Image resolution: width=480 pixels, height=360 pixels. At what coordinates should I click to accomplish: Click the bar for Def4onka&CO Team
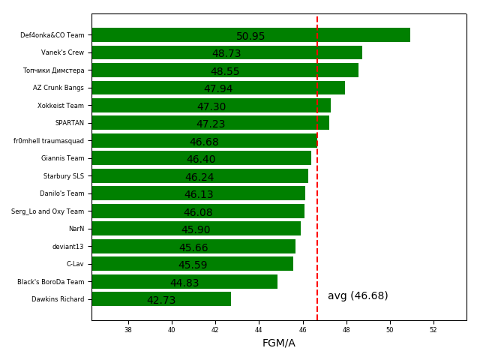click(x=250, y=35)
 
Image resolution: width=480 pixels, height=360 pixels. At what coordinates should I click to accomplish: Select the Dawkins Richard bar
click(x=161, y=299)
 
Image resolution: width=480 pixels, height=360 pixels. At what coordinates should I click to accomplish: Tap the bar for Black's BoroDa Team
click(x=184, y=282)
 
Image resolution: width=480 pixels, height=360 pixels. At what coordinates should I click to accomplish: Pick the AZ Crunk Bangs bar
click(x=218, y=88)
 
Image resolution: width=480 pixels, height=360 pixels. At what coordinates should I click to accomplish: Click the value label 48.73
click(x=226, y=54)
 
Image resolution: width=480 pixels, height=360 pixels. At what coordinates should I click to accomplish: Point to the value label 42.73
click(x=161, y=301)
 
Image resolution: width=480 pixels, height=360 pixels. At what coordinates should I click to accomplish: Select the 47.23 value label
click(x=211, y=124)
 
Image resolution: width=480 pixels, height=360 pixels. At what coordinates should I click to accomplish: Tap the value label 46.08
click(x=198, y=213)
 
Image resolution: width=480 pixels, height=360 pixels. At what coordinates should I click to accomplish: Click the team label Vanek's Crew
click(x=62, y=52)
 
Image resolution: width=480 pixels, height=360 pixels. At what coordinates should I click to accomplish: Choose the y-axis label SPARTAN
click(x=69, y=123)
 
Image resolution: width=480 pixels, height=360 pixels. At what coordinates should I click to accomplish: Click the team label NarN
click(x=76, y=229)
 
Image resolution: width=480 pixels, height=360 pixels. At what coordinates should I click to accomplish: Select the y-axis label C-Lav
click(x=75, y=264)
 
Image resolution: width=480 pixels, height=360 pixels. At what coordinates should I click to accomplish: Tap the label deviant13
click(x=67, y=247)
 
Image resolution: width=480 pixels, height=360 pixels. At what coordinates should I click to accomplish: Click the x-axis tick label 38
click(x=127, y=330)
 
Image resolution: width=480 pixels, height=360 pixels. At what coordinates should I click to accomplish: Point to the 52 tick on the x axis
click(x=433, y=330)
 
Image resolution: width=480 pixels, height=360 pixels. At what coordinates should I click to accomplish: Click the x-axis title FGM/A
click(x=278, y=343)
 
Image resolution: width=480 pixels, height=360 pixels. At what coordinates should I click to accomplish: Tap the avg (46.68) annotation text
click(x=358, y=296)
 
